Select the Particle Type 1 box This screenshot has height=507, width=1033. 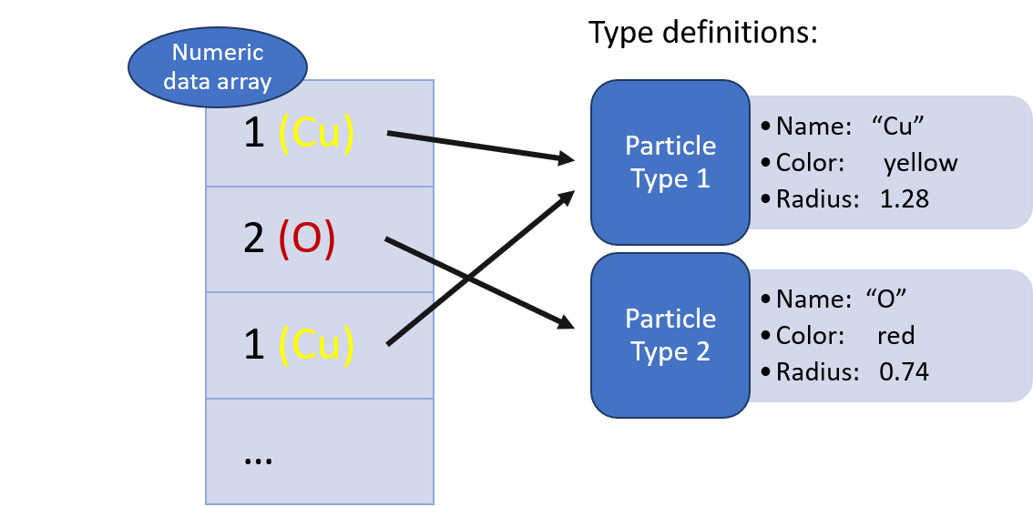click(670, 162)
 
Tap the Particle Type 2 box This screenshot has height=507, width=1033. click(670, 335)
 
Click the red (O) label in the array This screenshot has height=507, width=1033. click(307, 238)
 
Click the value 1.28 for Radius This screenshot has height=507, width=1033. click(904, 199)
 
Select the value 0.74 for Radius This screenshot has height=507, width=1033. click(904, 371)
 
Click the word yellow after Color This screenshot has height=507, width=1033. click(920, 163)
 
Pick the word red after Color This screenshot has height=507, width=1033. click(895, 335)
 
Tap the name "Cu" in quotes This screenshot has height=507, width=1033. click(905, 127)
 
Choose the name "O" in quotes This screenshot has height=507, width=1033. click(886, 299)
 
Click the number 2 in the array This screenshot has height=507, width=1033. click(254, 238)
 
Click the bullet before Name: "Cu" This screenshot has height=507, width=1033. click(766, 127)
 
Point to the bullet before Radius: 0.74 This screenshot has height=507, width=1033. click(766, 371)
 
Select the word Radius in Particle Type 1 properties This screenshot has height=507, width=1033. click(814, 199)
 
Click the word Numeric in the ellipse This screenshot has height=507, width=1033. click(217, 53)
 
